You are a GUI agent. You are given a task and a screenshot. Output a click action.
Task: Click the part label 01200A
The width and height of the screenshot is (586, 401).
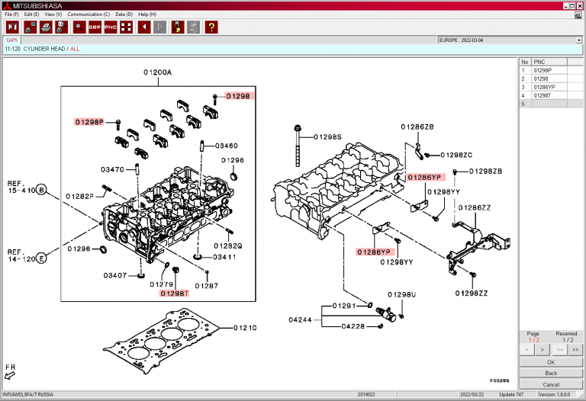pyautogui.click(x=157, y=72)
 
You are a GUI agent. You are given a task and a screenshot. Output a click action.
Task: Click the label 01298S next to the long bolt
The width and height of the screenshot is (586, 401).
pyautogui.click(x=328, y=137)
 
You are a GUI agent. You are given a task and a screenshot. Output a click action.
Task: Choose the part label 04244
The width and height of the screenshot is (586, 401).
pyautogui.click(x=301, y=319)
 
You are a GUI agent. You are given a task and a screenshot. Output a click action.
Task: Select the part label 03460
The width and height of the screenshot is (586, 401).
pyautogui.click(x=226, y=145)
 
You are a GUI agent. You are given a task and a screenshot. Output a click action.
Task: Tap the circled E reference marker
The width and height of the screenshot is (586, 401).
pyautogui.click(x=42, y=258)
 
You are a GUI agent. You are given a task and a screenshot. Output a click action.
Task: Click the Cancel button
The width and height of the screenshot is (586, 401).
pyautogui.click(x=551, y=383)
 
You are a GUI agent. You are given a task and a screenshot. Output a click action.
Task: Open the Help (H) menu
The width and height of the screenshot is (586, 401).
pyautogui.click(x=147, y=14)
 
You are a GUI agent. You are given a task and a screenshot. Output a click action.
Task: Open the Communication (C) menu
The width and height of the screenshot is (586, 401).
pyautogui.click(x=89, y=14)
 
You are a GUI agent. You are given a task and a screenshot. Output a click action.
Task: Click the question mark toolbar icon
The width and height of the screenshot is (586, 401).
pyautogui.click(x=211, y=27)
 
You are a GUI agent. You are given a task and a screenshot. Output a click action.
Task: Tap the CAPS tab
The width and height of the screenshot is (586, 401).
pyautogui.click(x=12, y=40)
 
